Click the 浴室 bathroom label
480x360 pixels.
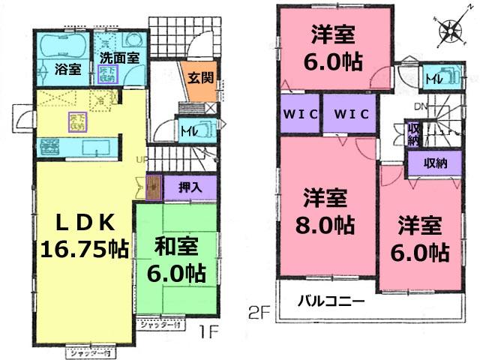pos(67,70)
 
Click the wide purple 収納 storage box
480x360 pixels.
pos(432,163)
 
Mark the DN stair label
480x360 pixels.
pos(421,106)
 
